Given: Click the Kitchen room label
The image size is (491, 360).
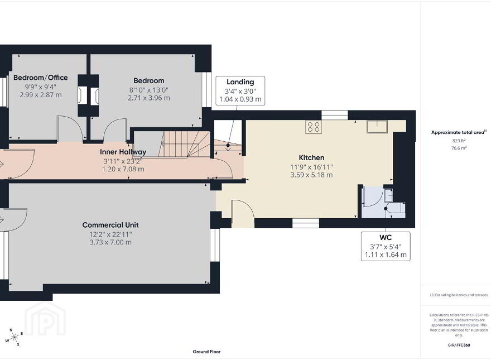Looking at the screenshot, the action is click(x=311, y=157).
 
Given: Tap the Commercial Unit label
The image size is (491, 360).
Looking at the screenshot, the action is click(x=110, y=225).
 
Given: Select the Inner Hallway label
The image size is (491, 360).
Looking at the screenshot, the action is click(x=123, y=152).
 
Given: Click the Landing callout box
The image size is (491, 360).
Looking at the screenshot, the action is click(x=240, y=90).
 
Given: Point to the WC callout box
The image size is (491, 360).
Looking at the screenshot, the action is click(x=386, y=246).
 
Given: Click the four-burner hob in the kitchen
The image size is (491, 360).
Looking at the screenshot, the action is click(x=314, y=127).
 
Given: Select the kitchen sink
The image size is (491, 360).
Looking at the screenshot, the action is click(x=377, y=127).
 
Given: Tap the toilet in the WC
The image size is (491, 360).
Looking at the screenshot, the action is click(x=397, y=208).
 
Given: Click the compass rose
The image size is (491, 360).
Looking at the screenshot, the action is click(x=14, y=337).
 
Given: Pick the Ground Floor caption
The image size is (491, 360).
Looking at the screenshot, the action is click(x=206, y=352).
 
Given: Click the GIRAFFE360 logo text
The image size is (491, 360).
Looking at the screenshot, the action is click(x=459, y=345).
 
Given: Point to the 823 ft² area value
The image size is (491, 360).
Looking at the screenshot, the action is click(x=459, y=141).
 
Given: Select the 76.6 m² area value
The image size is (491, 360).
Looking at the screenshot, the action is click(x=459, y=148).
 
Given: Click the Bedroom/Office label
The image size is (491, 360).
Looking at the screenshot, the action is click(x=40, y=78).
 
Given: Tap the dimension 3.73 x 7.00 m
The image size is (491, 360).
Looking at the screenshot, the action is click(x=110, y=242).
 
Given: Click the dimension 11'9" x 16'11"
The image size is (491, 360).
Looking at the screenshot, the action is click(x=311, y=167).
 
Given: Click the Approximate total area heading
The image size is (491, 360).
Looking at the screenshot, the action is click(x=459, y=132).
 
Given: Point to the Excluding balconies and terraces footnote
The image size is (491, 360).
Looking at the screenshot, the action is click(x=459, y=295).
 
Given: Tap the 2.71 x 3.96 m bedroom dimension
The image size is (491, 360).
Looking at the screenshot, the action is click(x=149, y=98).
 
